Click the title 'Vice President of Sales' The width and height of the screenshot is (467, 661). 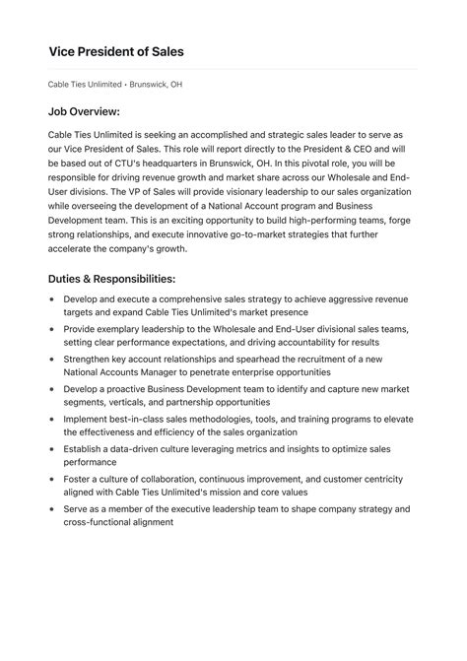116,50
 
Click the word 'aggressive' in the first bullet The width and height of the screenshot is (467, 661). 343,298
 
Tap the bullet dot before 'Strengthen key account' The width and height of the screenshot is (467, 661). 52,360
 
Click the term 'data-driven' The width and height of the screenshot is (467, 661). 139,448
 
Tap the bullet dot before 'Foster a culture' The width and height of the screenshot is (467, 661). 52,478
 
